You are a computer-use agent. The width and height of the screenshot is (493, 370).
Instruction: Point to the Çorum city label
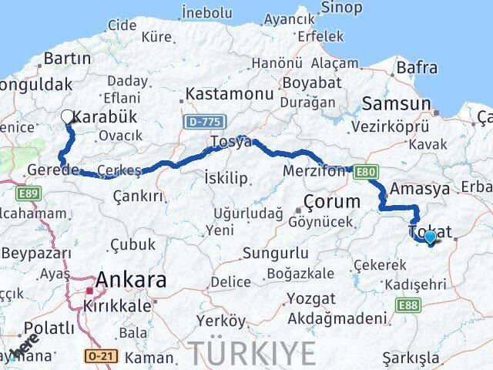coord(333,202)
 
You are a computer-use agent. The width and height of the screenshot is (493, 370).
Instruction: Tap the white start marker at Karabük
coord(67,117)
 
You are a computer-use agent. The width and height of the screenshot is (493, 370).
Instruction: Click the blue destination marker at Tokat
coord(430,238)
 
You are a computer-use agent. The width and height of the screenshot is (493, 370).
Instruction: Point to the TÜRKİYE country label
coord(253,352)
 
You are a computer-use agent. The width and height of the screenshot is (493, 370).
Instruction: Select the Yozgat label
coord(310,298)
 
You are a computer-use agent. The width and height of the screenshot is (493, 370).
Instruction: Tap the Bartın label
coord(68,58)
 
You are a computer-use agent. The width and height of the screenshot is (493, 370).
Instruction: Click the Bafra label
coord(417,68)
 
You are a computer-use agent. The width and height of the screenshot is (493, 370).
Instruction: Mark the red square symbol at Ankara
coord(91,291)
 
